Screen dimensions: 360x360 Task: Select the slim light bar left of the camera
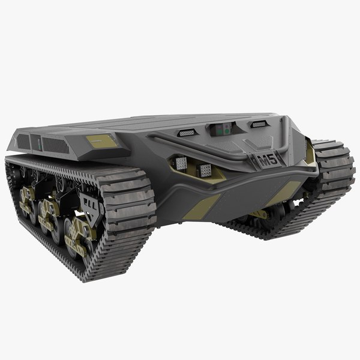[x=187, y=132]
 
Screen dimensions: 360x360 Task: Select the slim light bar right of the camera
[x=259, y=124]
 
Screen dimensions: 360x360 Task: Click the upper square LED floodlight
[x=181, y=163]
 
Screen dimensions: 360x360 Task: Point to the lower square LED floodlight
[x=205, y=170]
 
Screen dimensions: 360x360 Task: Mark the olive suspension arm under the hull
[x=259, y=214]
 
